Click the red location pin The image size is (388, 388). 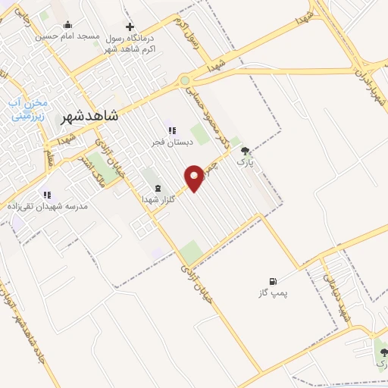point(195,177)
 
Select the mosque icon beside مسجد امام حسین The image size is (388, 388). point(67,25)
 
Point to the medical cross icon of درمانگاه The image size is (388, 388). point(130,27)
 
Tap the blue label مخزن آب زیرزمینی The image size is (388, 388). point(28,110)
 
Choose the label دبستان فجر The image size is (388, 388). point(172,142)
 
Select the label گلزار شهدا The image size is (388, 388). point(158,199)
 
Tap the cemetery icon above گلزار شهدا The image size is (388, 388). point(158,187)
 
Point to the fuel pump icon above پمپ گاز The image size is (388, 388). point(273,281)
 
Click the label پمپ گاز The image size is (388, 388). point(274,293)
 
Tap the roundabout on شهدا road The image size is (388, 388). point(185,80)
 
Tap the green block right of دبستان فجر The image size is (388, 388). point(200,134)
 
